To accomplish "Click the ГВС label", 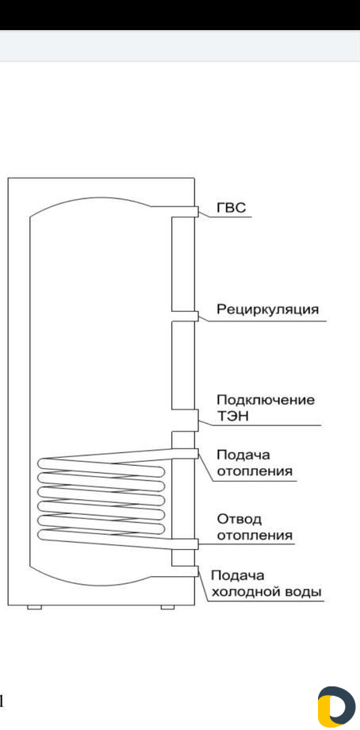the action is pyautogui.click(x=232, y=208).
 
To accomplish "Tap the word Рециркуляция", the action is pyautogui.click(x=268, y=309).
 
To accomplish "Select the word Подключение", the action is pyautogui.click(x=266, y=400).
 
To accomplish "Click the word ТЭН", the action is pyautogui.click(x=233, y=417).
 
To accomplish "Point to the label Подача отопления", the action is pyautogui.click(x=255, y=463).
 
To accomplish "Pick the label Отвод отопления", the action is pyautogui.click(x=255, y=527).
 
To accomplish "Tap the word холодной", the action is pyautogui.click(x=241, y=592).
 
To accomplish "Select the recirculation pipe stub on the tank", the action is pyautogui.click(x=185, y=316).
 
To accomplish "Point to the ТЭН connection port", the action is pyautogui.click(x=185, y=421).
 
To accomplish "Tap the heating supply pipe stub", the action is pyautogui.click(x=185, y=453).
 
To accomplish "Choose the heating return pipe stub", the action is pyautogui.click(x=185, y=544).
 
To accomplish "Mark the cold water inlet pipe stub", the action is pyautogui.click(x=185, y=571).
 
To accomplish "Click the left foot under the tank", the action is pyautogui.click(x=34, y=607).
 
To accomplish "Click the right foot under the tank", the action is pyautogui.click(x=167, y=607).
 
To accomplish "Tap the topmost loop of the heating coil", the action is pyautogui.click(x=101, y=466).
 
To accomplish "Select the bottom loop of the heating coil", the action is pyautogui.click(x=101, y=536).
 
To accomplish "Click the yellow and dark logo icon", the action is pyautogui.click(x=336, y=706).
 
